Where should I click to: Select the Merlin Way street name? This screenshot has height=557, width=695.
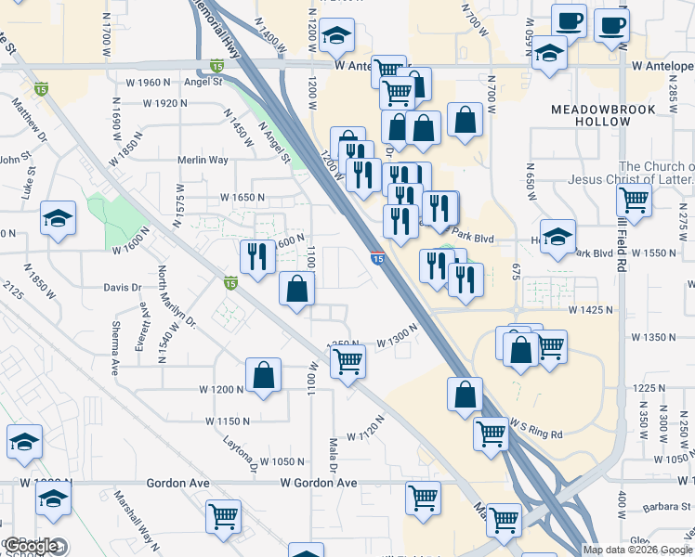(x=203, y=160)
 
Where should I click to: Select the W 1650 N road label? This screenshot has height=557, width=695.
(x=242, y=198)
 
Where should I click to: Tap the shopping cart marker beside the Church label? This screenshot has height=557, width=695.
(x=634, y=199)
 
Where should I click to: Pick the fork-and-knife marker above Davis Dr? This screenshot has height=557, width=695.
(x=257, y=255)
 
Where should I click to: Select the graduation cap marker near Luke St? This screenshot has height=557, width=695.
(x=59, y=218)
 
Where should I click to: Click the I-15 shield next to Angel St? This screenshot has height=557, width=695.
(x=216, y=66)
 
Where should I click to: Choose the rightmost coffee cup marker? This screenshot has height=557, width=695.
(x=611, y=26)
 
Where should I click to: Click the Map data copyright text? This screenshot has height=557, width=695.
(x=637, y=550)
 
